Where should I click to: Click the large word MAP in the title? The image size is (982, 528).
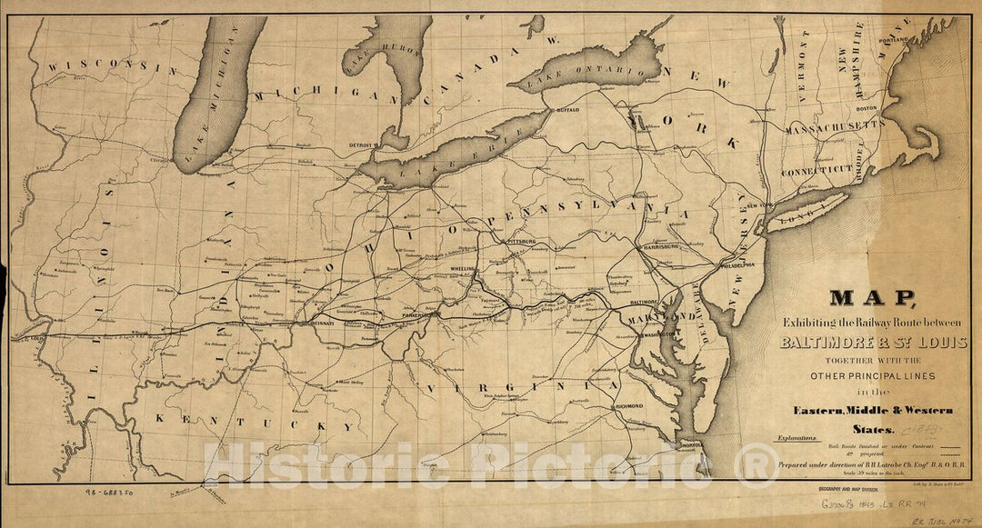(870, 298)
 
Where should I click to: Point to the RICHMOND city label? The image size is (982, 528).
(629, 406)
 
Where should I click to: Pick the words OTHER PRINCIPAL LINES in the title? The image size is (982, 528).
(872, 375)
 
